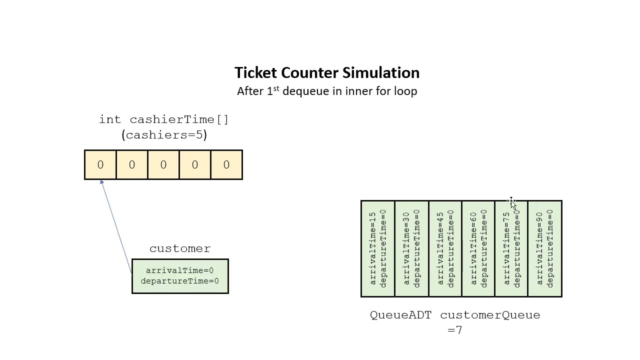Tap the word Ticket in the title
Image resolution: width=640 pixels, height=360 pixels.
[x=256, y=73]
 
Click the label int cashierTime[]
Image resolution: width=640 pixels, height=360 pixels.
[x=163, y=119]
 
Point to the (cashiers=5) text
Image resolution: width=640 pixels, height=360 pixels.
[x=163, y=135]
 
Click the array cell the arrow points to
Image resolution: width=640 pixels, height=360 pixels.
[x=100, y=164]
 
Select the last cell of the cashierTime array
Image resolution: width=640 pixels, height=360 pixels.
[x=226, y=164]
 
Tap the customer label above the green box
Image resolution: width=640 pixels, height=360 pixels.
[x=180, y=248]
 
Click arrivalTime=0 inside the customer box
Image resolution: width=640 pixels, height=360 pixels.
[x=179, y=270]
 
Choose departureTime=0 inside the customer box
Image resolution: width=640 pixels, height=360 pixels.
[x=179, y=281]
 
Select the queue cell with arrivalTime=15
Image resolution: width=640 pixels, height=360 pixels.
[x=378, y=248]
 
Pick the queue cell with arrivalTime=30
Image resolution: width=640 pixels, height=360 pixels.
[x=411, y=248]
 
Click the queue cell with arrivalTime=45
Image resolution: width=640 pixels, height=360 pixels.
[x=445, y=248]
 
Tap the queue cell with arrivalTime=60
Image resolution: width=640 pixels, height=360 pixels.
[x=478, y=248]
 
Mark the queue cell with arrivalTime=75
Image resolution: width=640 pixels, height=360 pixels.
[x=511, y=248]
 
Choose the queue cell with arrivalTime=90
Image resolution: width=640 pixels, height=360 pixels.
[x=545, y=248]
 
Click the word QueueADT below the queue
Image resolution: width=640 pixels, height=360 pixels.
[x=400, y=315]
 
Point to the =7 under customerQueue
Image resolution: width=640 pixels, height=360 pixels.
[x=455, y=330]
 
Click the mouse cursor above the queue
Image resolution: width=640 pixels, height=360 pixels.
[x=512, y=202]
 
